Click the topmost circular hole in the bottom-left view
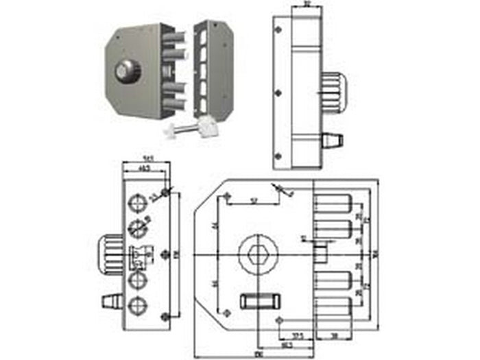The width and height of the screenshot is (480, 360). pyautogui.click(x=138, y=202)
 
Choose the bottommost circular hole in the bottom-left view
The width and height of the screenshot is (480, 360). pyautogui.click(x=138, y=307)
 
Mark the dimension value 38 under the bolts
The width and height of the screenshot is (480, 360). pyautogui.click(x=332, y=336)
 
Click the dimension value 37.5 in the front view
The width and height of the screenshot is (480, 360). pyautogui.click(x=299, y=335)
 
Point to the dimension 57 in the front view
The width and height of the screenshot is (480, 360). pyautogui.click(x=253, y=200)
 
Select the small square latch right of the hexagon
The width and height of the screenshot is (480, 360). pyautogui.click(x=319, y=253)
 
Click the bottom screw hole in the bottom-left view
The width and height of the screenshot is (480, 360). pyautogui.click(x=164, y=315)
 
